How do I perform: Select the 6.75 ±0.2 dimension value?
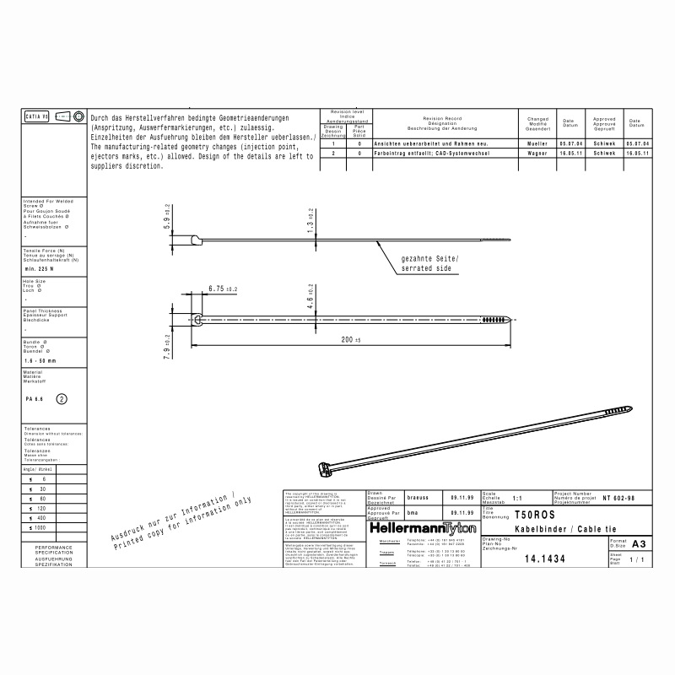click(x=223, y=289)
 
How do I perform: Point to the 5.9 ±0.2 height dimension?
click(x=167, y=223)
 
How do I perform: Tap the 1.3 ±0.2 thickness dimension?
click(x=310, y=222)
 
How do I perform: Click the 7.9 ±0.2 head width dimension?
click(x=167, y=346)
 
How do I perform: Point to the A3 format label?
click(x=638, y=544)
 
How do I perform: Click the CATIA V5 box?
click(x=37, y=116)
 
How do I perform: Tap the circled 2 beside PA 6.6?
click(x=62, y=398)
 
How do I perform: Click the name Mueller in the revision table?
click(x=537, y=144)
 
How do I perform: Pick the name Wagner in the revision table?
click(x=537, y=154)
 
